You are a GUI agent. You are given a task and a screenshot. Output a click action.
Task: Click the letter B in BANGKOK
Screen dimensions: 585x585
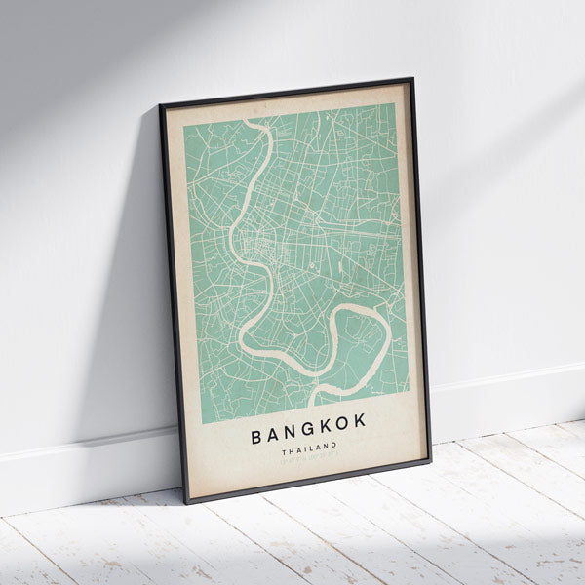257,436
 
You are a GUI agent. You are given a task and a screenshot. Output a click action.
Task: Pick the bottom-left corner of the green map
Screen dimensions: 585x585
202,423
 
